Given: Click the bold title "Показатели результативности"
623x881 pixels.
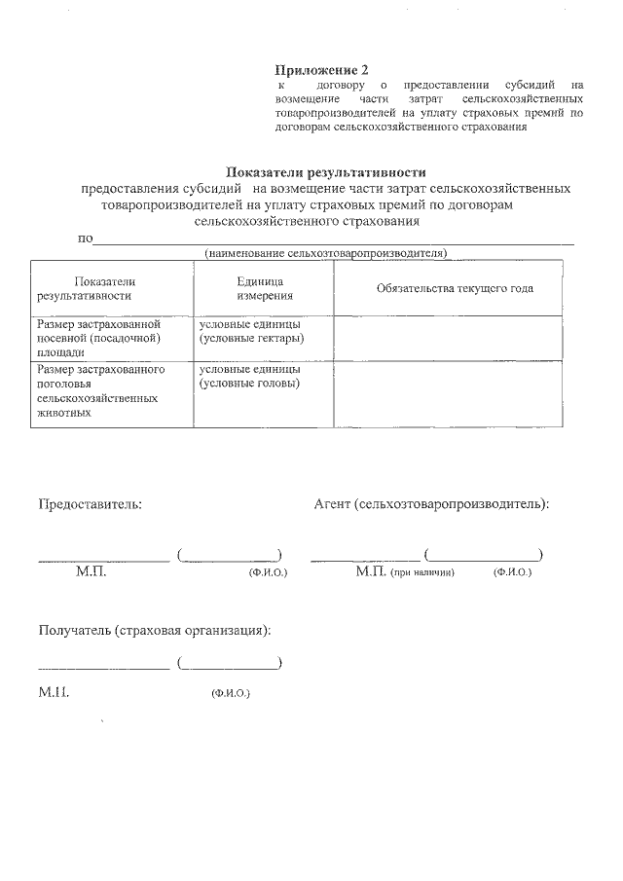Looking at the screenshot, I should [326, 172].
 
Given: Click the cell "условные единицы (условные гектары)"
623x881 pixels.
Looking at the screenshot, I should [251, 331].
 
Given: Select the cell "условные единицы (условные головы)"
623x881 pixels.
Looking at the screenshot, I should [250, 377].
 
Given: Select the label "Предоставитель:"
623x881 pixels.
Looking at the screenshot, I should [90, 504].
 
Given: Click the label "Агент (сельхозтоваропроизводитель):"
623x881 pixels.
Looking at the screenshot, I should [431, 504].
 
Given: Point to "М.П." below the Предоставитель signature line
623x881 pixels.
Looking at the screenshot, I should [91, 572].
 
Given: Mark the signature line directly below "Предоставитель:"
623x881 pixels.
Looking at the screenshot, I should [103, 560].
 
